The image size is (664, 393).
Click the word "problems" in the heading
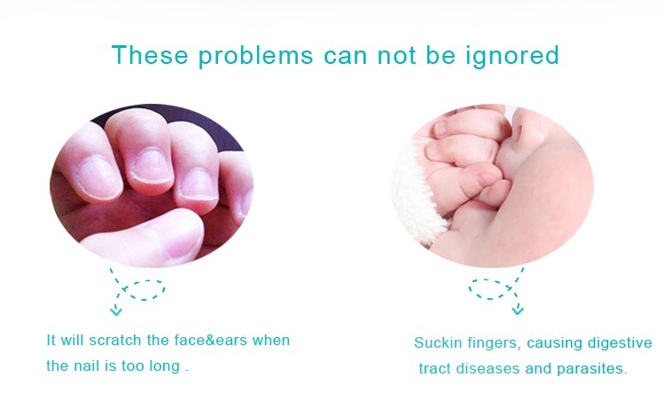(256, 56)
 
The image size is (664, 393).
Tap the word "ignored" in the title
(512, 56)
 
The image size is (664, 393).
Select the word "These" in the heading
(150, 55)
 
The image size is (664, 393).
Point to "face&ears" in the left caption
(197, 340)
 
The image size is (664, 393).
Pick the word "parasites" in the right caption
(591, 369)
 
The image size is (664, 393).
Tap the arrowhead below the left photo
(115, 310)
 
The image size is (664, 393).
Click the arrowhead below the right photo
(518, 310)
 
